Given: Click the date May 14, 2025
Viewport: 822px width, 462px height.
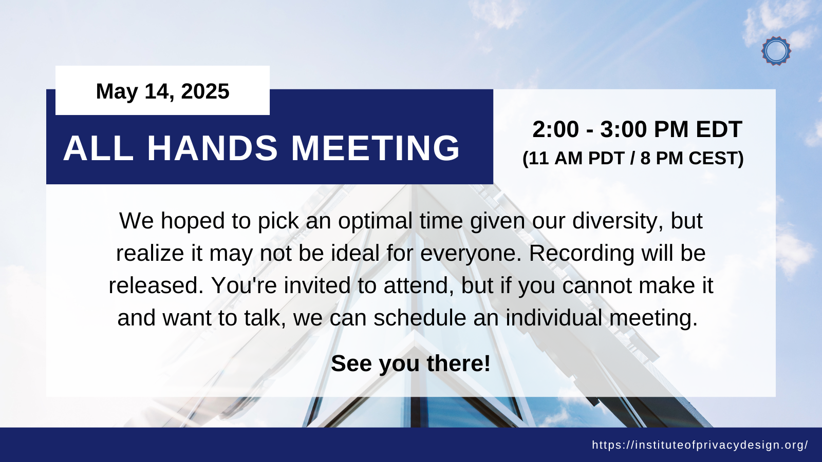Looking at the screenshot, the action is [x=162, y=91].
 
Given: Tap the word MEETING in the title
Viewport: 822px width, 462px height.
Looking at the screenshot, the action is [x=375, y=148].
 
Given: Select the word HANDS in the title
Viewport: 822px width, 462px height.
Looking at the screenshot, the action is [x=213, y=148].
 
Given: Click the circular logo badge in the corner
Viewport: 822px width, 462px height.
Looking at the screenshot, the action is [x=776, y=51].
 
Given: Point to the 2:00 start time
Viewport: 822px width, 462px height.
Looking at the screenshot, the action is [x=555, y=129].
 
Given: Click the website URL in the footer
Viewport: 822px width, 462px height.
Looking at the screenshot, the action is [x=700, y=445].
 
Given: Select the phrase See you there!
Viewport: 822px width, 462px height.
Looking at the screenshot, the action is [x=410, y=363].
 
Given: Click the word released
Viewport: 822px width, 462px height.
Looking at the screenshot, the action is [x=156, y=285].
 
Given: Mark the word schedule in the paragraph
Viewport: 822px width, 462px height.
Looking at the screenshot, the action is [x=420, y=318].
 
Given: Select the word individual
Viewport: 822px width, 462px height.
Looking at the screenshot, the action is [x=554, y=318].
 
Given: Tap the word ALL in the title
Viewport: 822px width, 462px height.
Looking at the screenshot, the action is [x=98, y=148].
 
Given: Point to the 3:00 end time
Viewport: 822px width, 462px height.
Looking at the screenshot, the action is [x=623, y=129].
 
